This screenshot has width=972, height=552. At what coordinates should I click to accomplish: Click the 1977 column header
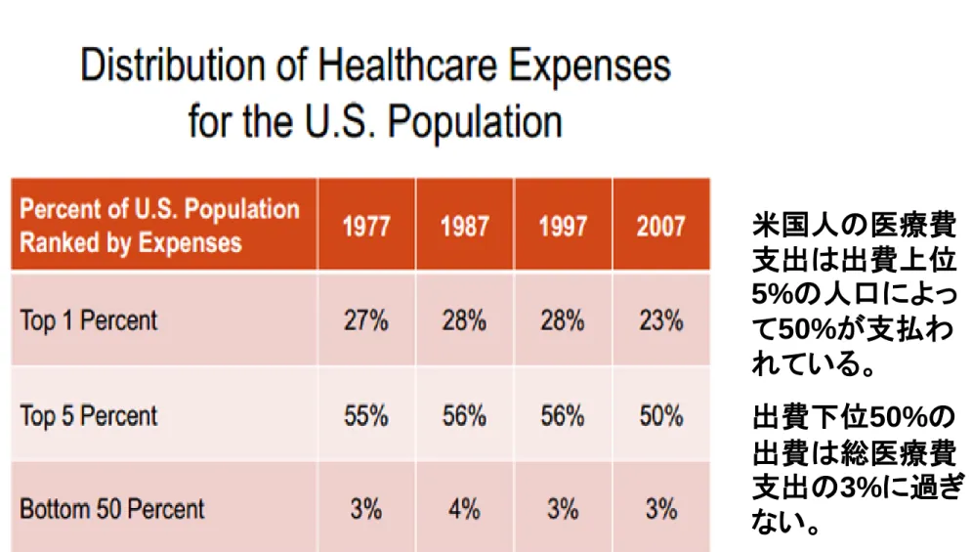coord(366,227)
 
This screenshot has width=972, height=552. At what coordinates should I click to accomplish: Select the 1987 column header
coord(465,227)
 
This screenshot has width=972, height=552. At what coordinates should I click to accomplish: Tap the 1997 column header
coord(563,227)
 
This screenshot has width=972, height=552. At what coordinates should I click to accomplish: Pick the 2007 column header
coord(660,227)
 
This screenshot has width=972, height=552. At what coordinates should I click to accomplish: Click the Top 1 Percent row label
coord(89,320)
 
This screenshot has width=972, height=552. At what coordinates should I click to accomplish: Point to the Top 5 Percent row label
coord(89,415)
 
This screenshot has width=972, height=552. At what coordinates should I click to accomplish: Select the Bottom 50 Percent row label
coord(112,509)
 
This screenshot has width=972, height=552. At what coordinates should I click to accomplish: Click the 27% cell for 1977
coord(366,321)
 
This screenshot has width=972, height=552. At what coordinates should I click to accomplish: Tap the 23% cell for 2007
coord(661,321)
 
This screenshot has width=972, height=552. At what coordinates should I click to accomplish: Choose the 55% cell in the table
coord(366,415)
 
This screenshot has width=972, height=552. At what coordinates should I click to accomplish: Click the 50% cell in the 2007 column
coord(661,415)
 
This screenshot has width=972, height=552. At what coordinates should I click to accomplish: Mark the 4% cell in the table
coord(464,510)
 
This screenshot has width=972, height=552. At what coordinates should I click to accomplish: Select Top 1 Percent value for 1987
coord(464,321)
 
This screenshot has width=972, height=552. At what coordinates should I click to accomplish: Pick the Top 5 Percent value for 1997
coord(563,415)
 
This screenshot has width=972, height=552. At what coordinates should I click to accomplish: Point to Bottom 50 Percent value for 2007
coord(661,510)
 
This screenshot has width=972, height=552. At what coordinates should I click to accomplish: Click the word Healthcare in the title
coord(407,65)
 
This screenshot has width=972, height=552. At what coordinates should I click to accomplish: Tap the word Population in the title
coord(475,121)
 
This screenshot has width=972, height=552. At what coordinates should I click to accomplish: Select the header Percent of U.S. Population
coord(160,209)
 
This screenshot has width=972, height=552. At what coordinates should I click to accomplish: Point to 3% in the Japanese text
coord(860,488)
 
